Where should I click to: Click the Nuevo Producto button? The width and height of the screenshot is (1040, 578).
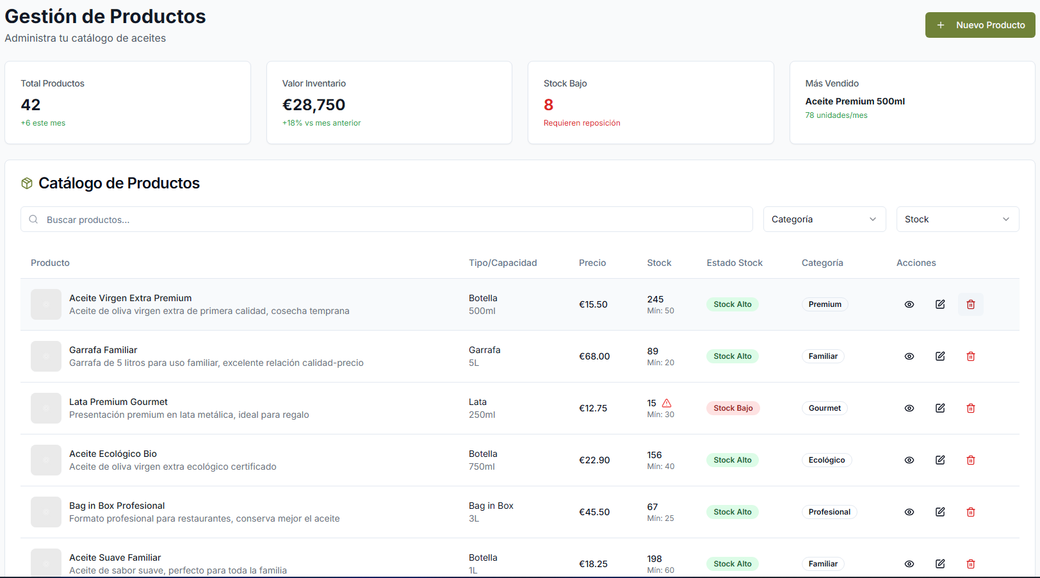[x=980, y=25]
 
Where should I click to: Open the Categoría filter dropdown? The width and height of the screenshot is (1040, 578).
[x=824, y=219]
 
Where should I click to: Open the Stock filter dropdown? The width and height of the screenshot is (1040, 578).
[x=957, y=219]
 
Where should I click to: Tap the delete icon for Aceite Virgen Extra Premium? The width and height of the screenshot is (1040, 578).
[x=971, y=304]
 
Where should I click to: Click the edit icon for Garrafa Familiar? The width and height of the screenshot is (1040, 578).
[x=940, y=356]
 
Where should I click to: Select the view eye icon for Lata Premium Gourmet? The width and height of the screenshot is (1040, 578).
[x=909, y=408]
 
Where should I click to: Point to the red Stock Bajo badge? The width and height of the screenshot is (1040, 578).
[x=733, y=408]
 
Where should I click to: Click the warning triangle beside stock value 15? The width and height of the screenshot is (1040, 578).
[x=667, y=403]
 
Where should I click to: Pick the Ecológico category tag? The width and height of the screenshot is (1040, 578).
[x=827, y=460]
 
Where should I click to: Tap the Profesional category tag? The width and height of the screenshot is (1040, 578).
[x=829, y=512]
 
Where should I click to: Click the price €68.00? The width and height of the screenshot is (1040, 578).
[x=594, y=356]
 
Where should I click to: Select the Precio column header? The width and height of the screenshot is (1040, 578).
[x=592, y=263]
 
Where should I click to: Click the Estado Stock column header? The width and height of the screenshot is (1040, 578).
[x=735, y=263]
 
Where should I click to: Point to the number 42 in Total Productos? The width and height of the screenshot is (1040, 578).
[x=31, y=104]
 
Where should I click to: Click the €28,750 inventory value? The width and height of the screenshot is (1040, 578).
[x=314, y=104]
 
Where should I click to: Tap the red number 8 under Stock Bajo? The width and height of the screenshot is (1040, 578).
[x=549, y=104]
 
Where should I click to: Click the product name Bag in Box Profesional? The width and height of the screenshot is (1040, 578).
[x=117, y=506]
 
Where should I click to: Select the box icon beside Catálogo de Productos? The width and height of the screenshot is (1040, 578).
[x=27, y=183]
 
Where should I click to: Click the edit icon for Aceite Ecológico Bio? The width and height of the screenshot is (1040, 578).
[x=940, y=460]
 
